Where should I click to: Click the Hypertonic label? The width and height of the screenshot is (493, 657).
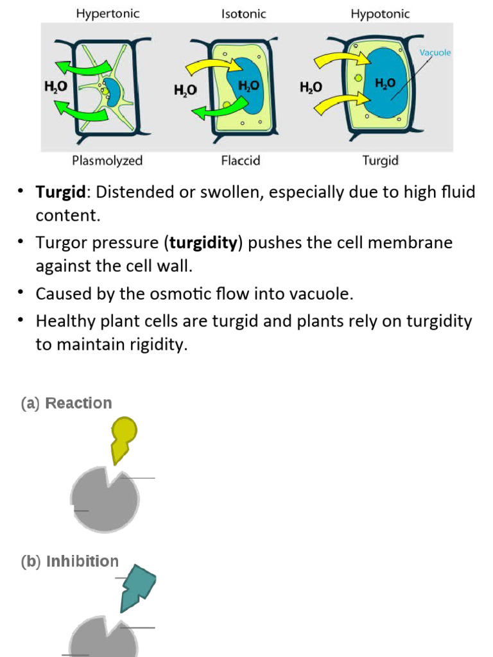[108, 13]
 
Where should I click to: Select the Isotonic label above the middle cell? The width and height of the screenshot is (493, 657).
[243, 13]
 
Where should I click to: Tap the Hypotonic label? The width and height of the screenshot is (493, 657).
[380, 13]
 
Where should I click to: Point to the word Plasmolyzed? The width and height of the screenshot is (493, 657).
[107, 160]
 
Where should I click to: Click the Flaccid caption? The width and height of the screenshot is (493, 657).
[241, 160]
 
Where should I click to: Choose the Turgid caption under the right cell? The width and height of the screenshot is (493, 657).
[380, 160]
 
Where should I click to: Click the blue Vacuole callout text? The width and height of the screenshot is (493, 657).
[435, 53]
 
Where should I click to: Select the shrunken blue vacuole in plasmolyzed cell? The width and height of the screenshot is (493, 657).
[112, 89]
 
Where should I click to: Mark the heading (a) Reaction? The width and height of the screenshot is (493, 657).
[66, 403]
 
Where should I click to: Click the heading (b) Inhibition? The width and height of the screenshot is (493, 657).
[69, 561]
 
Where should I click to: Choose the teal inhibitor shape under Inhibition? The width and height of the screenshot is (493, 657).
[137, 588]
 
